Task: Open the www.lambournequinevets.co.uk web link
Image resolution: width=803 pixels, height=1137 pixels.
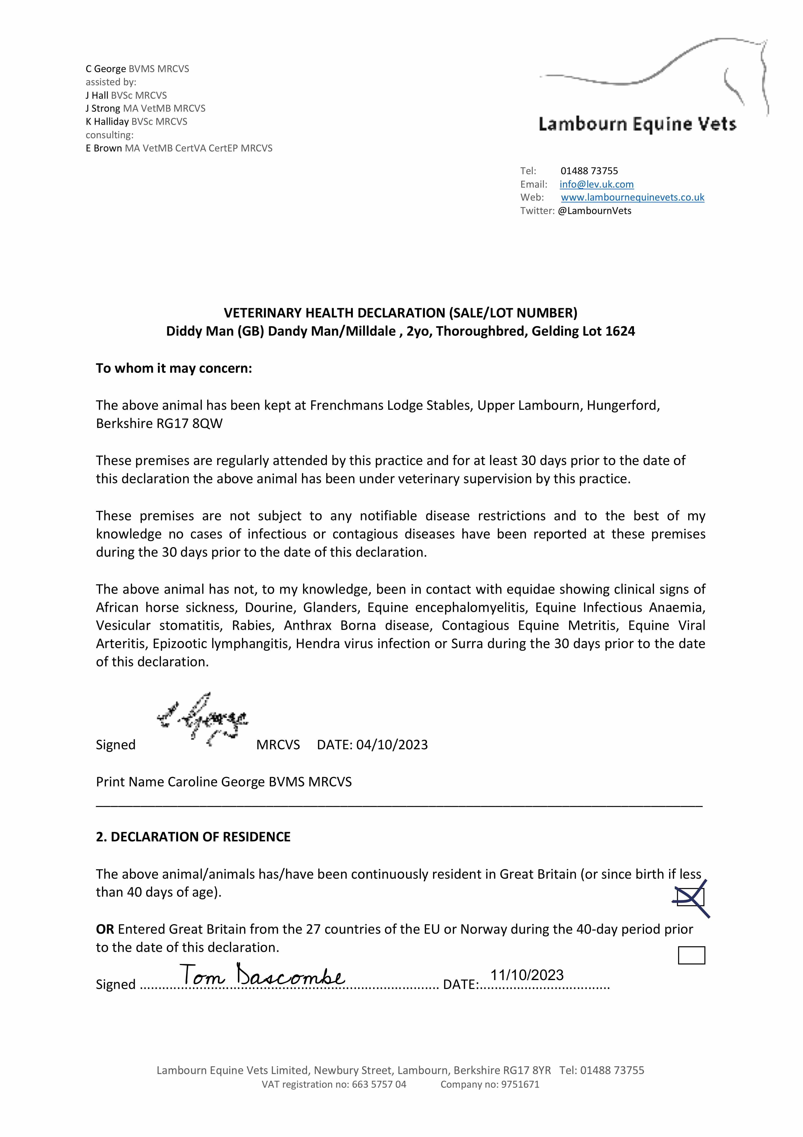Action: click(x=632, y=197)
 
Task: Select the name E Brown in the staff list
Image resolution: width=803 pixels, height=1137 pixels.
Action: click(x=104, y=148)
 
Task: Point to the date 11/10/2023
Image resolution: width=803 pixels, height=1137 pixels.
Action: click(x=527, y=975)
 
